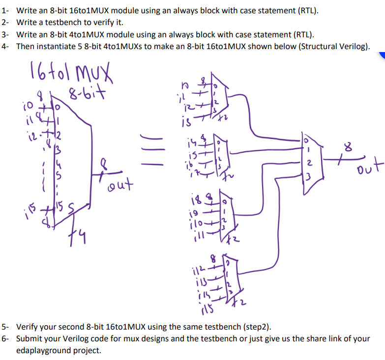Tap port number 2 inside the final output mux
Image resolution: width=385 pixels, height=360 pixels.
coord(307,163)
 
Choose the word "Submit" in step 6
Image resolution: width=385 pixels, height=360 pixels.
coord(29,338)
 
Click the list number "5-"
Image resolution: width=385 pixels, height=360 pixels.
coord(6,327)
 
